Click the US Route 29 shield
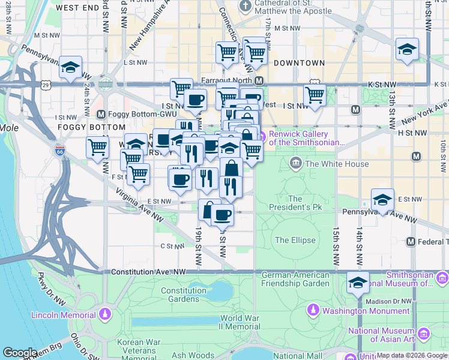click(46, 86)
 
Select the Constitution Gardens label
click(184, 295)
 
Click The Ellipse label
click(295, 240)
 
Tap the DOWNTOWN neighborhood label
click(299, 63)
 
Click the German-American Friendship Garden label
click(295, 279)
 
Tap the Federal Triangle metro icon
click(411, 242)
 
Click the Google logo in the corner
click(20, 353)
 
